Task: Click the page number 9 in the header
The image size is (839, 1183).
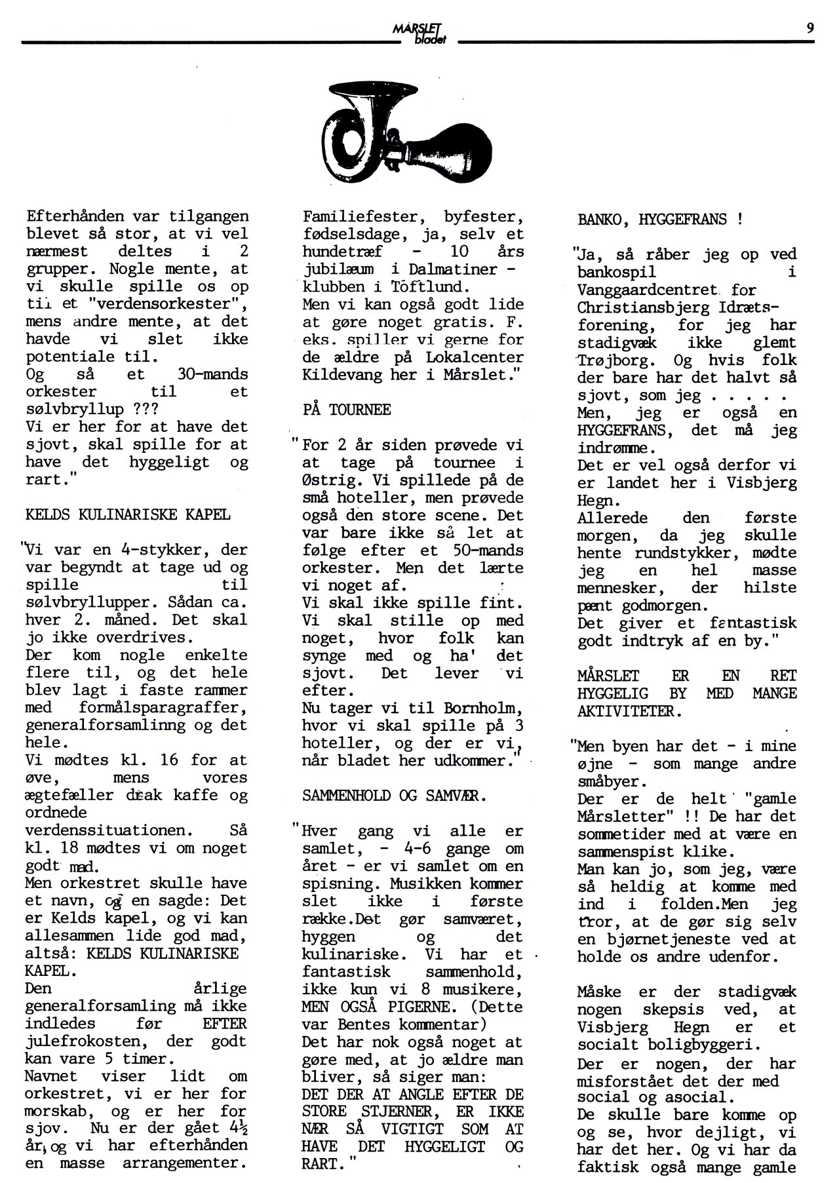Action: click(x=810, y=28)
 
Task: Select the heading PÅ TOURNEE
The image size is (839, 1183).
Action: click(x=347, y=410)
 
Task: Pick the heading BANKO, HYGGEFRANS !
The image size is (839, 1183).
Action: click(x=660, y=220)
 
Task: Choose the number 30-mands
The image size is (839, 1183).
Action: click(x=213, y=374)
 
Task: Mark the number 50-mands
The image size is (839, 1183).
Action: click(x=488, y=551)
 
